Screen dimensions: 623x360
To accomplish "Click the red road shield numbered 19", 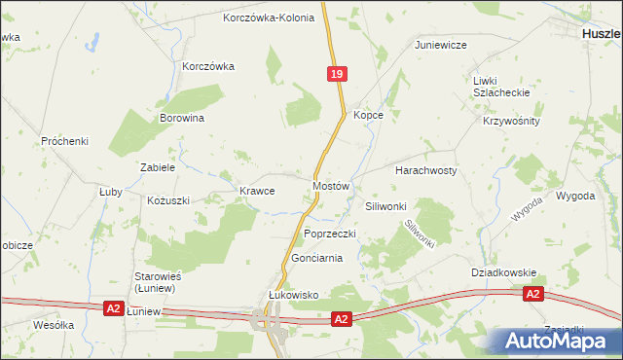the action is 336,74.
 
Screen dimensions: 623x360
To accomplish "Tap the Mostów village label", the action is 330,185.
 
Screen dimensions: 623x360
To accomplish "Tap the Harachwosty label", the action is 425,170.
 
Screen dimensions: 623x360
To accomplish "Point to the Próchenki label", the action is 65,141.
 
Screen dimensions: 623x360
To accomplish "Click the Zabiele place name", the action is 158,167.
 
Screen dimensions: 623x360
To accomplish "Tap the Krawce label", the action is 257,192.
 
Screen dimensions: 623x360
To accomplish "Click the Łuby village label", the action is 110,192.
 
